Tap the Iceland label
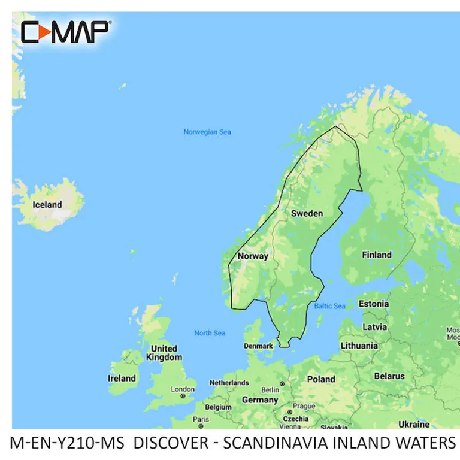[47, 205]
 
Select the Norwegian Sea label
[207, 132]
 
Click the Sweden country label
[307, 214]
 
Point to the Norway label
[253, 256]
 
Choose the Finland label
[376, 255]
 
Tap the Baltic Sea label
[329, 307]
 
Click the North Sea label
[210, 333]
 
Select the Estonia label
[373, 304]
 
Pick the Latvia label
[374, 327]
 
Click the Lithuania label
[359, 346]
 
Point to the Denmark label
[258, 346]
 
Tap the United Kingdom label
[164, 353]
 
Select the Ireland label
[121, 379]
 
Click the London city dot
[183, 396]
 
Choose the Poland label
[321, 379]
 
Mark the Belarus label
[389, 377]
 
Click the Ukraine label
[414, 424]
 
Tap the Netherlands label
[229, 383]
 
